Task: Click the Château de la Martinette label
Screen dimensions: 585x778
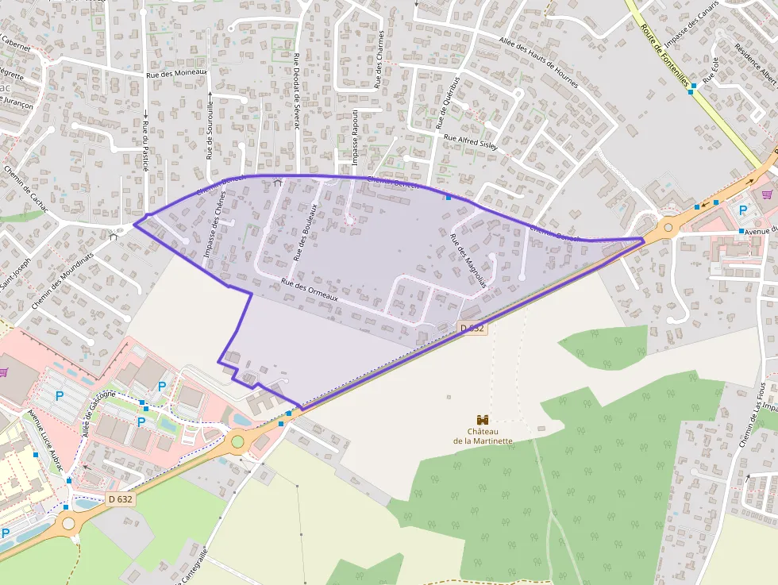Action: click(x=483, y=436)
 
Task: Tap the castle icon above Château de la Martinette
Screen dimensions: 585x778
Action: click(x=482, y=419)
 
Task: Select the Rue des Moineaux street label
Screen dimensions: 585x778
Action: click(x=177, y=73)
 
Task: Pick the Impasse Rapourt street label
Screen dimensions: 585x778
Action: click(x=355, y=138)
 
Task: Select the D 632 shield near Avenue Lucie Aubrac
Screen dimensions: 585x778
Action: click(x=120, y=499)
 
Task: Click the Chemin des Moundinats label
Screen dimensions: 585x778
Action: click(x=60, y=281)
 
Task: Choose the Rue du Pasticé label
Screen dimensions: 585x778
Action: click(x=146, y=145)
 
